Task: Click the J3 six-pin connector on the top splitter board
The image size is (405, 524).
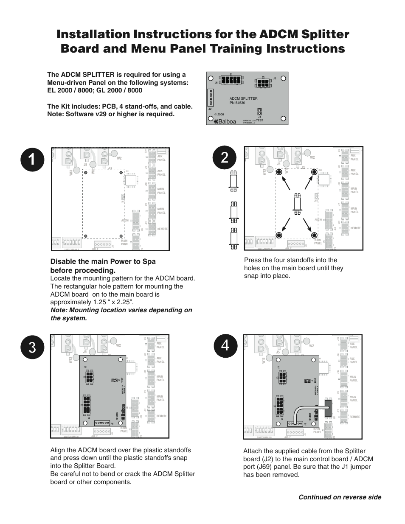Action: [262, 81]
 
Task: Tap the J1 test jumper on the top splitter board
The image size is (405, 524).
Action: [259, 112]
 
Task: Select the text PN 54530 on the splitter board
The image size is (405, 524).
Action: [238, 103]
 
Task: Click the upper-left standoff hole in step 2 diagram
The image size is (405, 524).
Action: [279, 172]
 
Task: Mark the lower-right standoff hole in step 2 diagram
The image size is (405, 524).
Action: [314, 235]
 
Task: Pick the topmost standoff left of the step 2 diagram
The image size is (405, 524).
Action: [233, 179]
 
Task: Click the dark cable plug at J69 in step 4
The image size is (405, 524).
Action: [328, 407]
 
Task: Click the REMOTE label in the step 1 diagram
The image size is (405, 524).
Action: [162, 229]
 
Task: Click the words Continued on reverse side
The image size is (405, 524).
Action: [340, 497]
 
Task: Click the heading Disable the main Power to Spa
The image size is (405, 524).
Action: [103, 261]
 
